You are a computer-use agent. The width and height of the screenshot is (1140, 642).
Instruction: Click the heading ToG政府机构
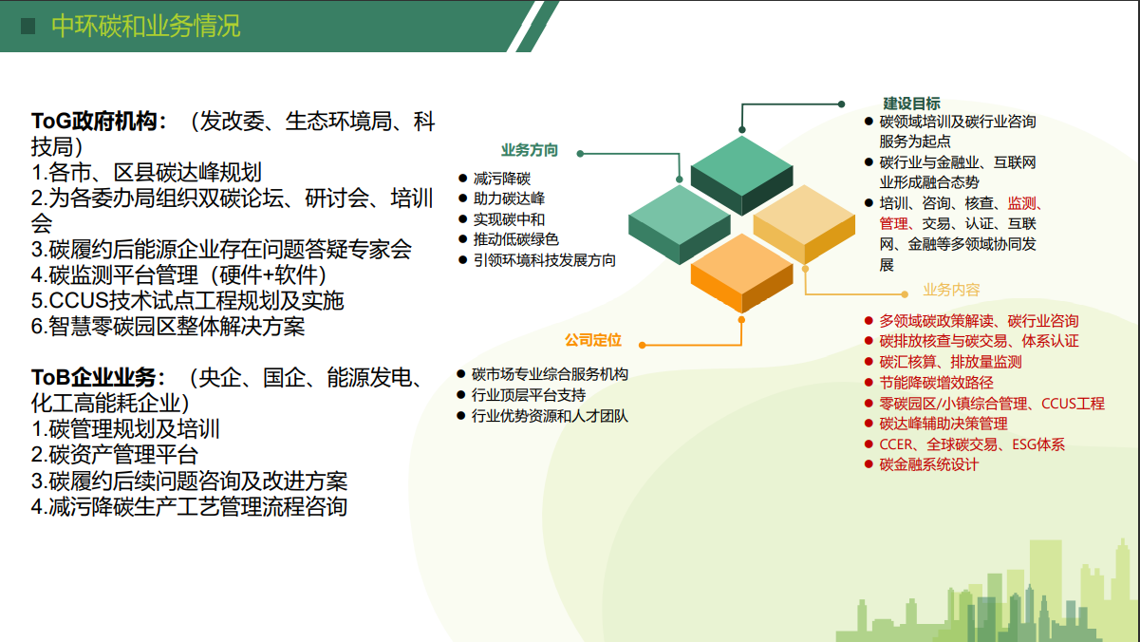pyautogui.click(x=99, y=122)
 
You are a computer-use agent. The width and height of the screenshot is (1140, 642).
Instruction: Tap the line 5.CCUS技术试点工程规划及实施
pyautogui.click(x=187, y=301)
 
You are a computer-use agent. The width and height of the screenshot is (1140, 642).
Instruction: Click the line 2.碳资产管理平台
pyautogui.click(x=115, y=455)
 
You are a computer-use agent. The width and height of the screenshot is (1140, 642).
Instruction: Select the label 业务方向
pyautogui.click(x=529, y=150)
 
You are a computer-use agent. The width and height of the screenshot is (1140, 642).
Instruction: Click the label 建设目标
pyautogui.click(x=911, y=103)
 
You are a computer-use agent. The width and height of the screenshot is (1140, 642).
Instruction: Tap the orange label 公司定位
pyautogui.click(x=592, y=340)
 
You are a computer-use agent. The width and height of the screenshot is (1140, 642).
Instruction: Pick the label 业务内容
pyautogui.click(x=950, y=290)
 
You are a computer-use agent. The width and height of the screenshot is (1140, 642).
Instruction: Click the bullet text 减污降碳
pyautogui.click(x=501, y=178)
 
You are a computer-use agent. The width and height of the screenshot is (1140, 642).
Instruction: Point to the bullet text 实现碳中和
pyautogui.click(x=509, y=219)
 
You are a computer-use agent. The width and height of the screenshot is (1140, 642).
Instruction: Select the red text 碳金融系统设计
pyautogui.click(x=928, y=464)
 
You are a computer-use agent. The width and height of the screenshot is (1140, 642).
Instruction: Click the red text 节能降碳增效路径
pyautogui.click(x=936, y=383)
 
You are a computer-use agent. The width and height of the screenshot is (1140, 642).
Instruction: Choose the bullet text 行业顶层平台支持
pyautogui.click(x=529, y=395)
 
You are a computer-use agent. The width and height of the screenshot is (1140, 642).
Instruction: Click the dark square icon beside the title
pyautogui.click(x=28, y=26)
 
